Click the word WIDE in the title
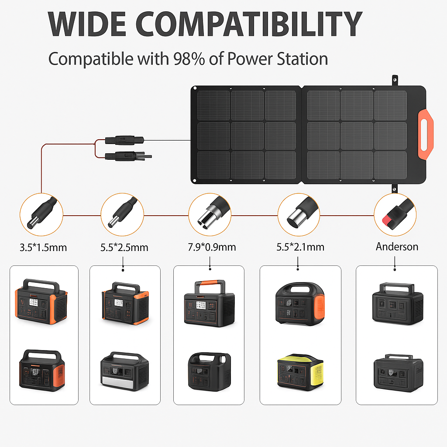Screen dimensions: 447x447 click(87, 24)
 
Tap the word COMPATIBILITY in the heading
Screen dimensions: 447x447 click(249, 24)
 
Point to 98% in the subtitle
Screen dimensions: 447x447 click(189, 59)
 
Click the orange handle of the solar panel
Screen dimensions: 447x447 click(425, 134)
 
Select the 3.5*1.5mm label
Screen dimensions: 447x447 click(43, 248)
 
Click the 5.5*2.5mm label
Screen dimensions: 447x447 click(124, 248)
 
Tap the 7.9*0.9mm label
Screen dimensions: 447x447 click(212, 247)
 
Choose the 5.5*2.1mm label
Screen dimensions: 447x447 click(300, 247)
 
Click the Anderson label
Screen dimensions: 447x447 click(397, 247)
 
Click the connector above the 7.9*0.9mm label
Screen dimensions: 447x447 click(213, 213)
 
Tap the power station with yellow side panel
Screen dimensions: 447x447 click(300, 372)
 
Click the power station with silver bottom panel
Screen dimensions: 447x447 click(124, 371)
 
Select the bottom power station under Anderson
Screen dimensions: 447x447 click(398, 373)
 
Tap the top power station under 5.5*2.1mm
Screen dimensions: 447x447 click(300, 304)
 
